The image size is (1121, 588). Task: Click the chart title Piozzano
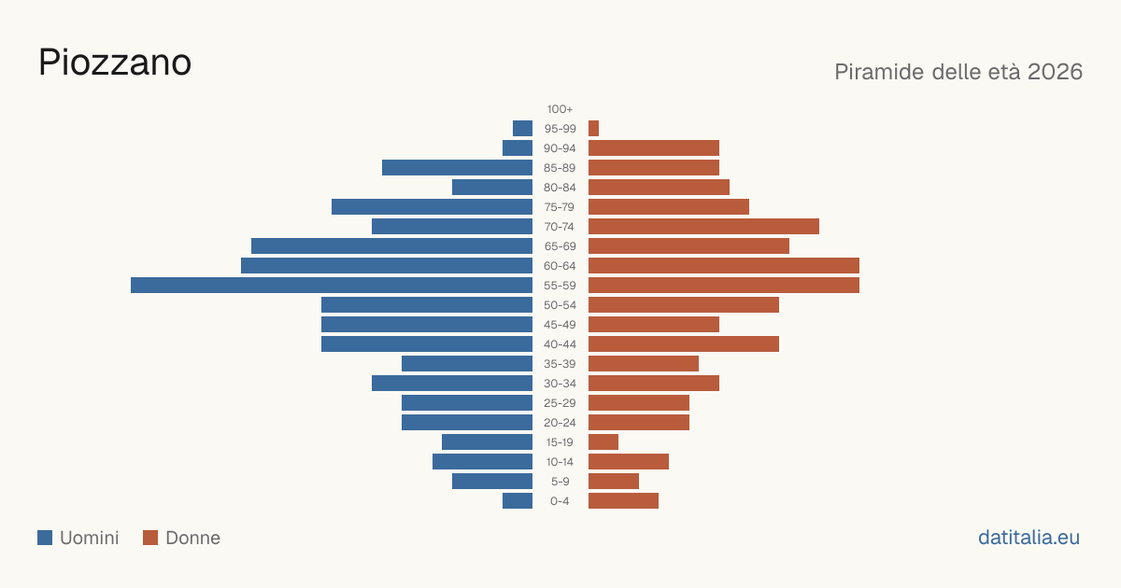115,63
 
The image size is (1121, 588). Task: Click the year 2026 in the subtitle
1055,72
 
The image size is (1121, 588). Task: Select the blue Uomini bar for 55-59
332,285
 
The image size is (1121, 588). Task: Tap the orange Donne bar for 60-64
724,265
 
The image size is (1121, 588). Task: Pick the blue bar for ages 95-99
522,129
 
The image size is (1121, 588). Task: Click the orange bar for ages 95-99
593,129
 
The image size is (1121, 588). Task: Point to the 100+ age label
560,109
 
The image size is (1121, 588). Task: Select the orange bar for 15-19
603,442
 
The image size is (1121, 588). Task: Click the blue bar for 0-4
518,500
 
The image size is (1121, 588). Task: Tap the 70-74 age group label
560,227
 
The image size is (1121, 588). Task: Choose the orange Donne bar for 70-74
703,227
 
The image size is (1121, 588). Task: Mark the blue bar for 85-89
457,167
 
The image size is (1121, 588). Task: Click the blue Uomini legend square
45,538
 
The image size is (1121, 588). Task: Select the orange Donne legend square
150,538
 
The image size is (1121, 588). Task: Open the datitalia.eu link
1029,538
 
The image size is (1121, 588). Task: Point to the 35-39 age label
560,363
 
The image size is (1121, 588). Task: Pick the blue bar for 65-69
391,246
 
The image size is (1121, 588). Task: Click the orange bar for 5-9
614,481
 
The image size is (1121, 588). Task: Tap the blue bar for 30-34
452,383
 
